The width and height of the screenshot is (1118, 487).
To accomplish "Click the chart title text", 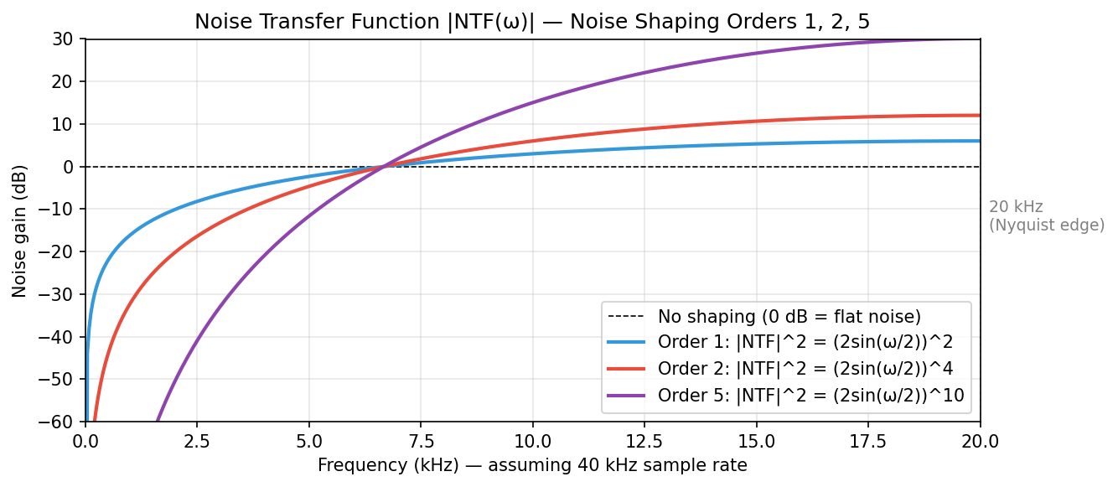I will coord(532,22).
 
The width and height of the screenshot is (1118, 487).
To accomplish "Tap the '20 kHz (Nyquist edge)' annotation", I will coord(1046,216).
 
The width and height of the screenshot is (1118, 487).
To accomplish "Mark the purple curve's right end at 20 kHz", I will coord(979,39).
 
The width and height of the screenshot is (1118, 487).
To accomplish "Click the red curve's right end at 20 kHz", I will coord(979,116).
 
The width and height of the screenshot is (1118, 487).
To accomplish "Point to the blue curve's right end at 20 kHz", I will coord(979,141).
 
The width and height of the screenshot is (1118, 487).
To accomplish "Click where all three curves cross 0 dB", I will coord(383,167).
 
